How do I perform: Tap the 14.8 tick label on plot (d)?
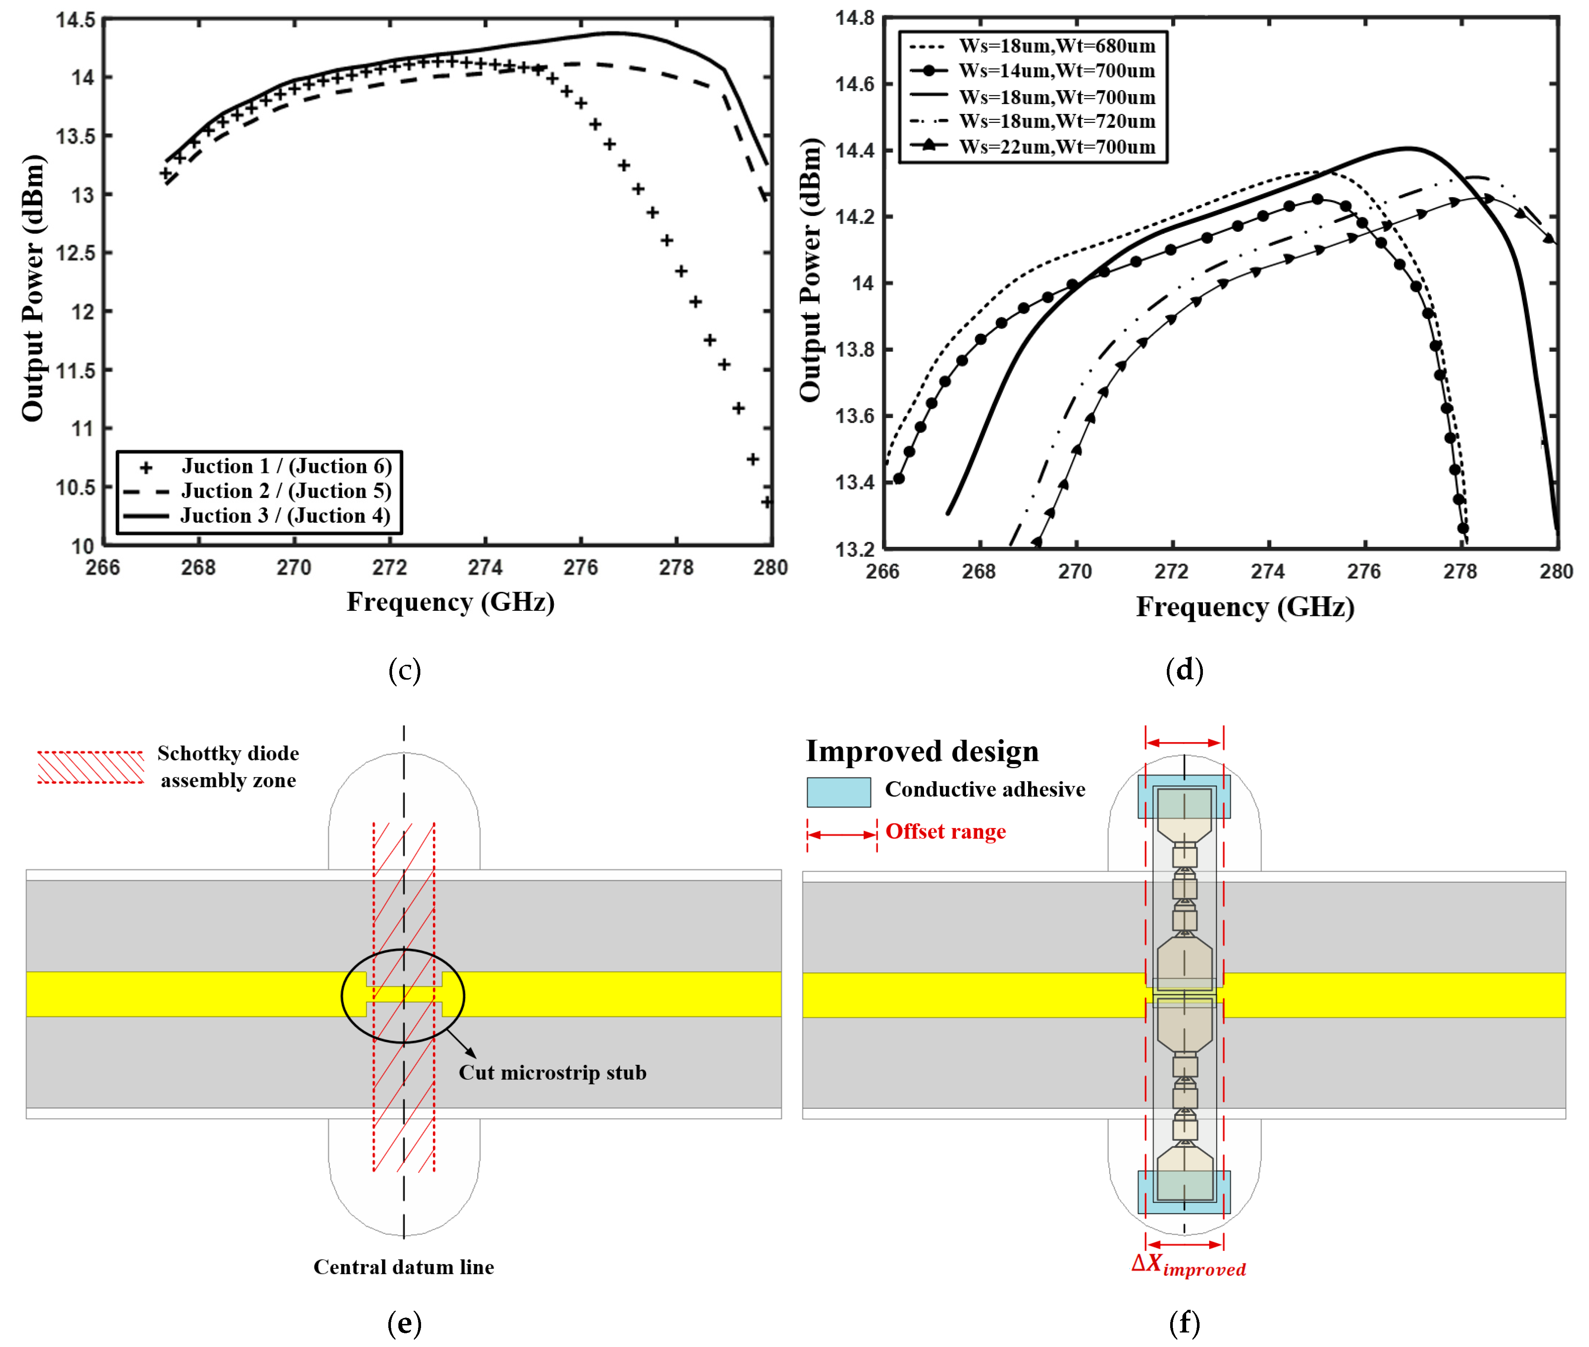click(855, 17)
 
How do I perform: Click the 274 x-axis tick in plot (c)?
click(485, 567)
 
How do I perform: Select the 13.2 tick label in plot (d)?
click(855, 549)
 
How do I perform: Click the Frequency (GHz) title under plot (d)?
click(1245, 607)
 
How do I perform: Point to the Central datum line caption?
click(404, 1267)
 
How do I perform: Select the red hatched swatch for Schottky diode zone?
click(91, 767)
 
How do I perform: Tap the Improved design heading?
click(922, 751)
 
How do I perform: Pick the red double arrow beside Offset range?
click(842, 834)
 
